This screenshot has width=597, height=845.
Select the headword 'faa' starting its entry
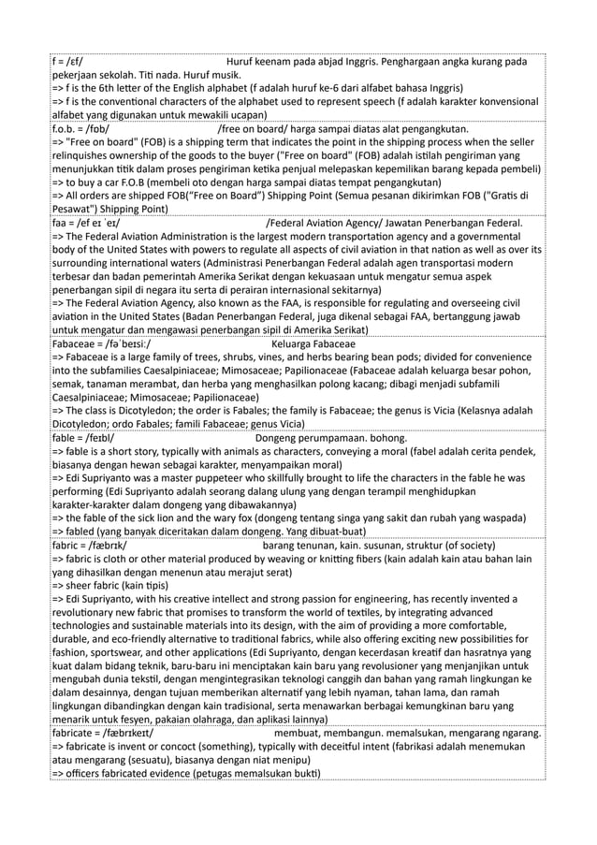61,224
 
